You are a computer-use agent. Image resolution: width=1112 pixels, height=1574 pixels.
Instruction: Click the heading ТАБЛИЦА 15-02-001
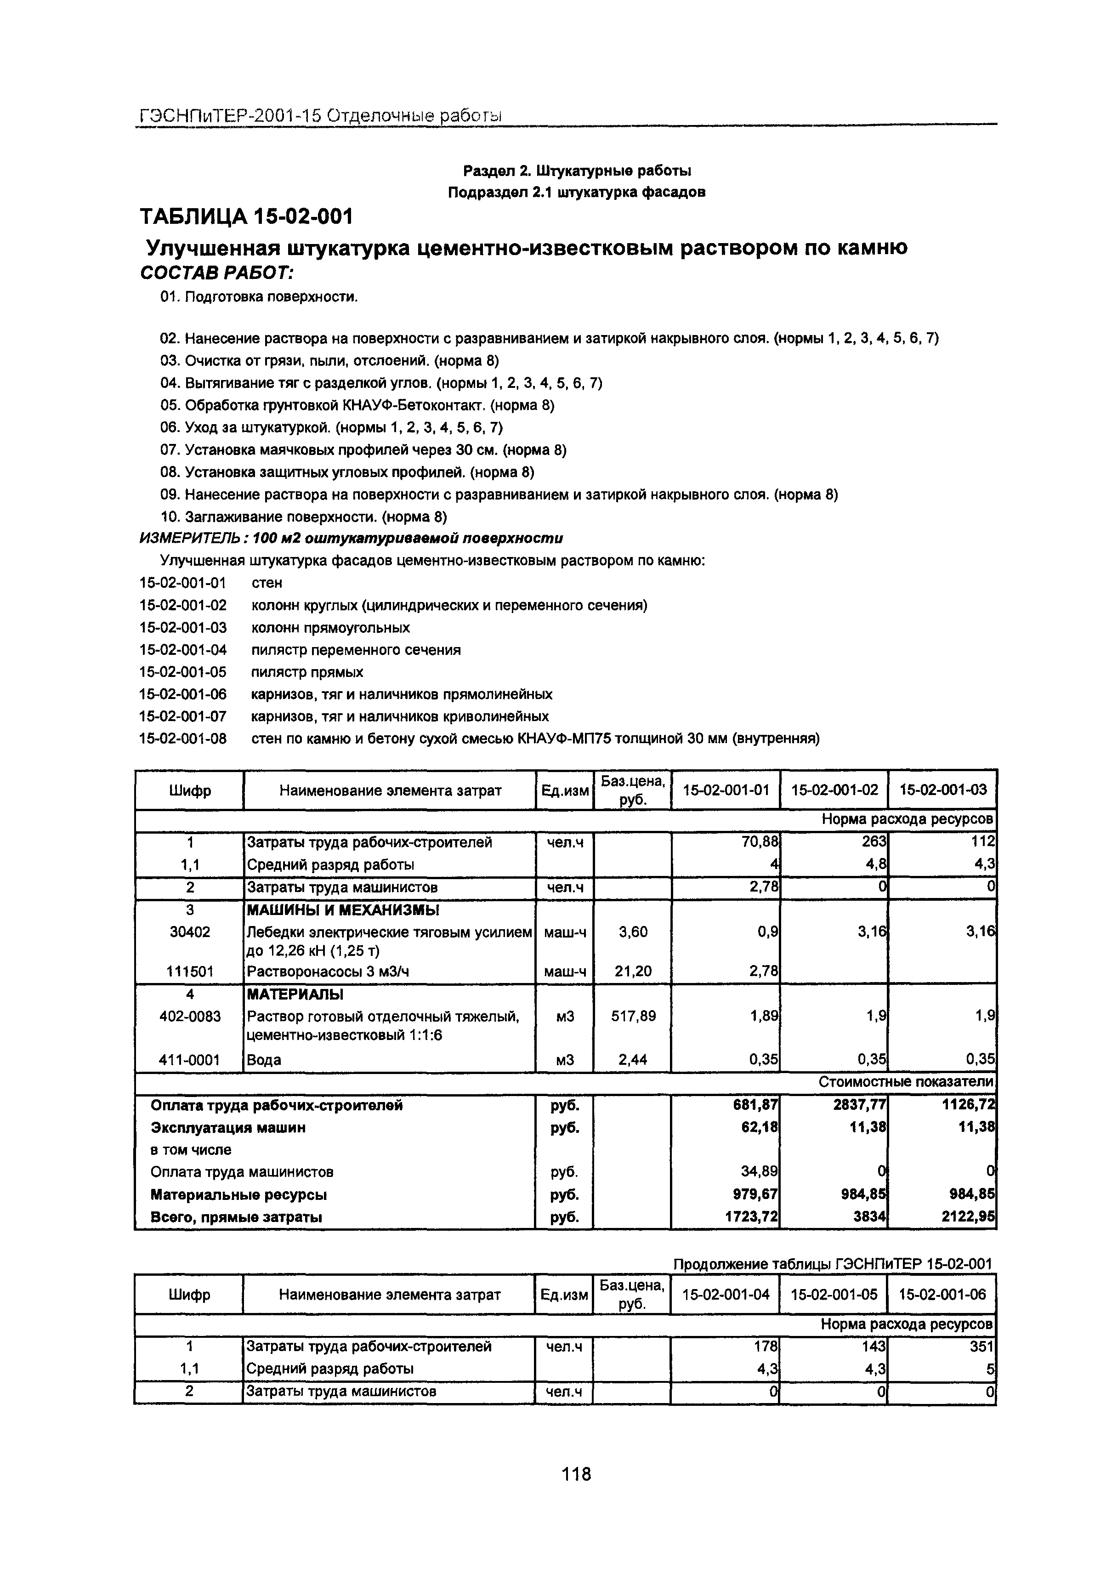pyautogui.click(x=246, y=216)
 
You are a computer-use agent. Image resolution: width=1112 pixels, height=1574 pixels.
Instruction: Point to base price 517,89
pyautogui.click(x=633, y=1016)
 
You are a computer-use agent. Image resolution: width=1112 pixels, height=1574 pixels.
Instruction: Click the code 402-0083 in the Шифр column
pyautogui.click(x=190, y=1016)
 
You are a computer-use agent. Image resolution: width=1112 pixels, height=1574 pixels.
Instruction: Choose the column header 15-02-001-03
pyautogui.click(x=942, y=790)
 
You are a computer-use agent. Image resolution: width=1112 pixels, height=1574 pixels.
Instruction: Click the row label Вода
pyautogui.click(x=264, y=1060)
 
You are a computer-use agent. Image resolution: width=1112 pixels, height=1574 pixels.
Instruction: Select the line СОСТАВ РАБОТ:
pyautogui.click(x=216, y=273)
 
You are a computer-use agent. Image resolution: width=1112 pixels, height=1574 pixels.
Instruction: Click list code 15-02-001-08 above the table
pyautogui.click(x=182, y=739)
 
